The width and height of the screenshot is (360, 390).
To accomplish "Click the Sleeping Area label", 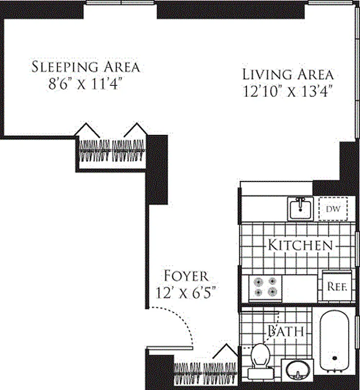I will pyautogui.click(x=85, y=67).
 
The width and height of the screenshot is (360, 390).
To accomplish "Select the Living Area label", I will pyautogui.click(x=288, y=75).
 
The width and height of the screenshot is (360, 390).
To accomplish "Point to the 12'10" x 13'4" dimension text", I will pyautogui.click(x=288, y=91).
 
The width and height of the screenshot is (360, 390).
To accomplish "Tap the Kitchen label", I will pyautogui.click(x=300, y=245).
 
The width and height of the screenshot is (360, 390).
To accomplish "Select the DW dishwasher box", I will pyautogui.click(x=333, y=209).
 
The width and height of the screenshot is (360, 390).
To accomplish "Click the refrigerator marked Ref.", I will pyautogui.click(x=337, y=287).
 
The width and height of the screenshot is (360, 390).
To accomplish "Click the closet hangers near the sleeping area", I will pyautogui.click(x=112, y=151).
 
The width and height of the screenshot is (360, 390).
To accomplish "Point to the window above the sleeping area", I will pyautogui.click(x=121, y=3).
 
